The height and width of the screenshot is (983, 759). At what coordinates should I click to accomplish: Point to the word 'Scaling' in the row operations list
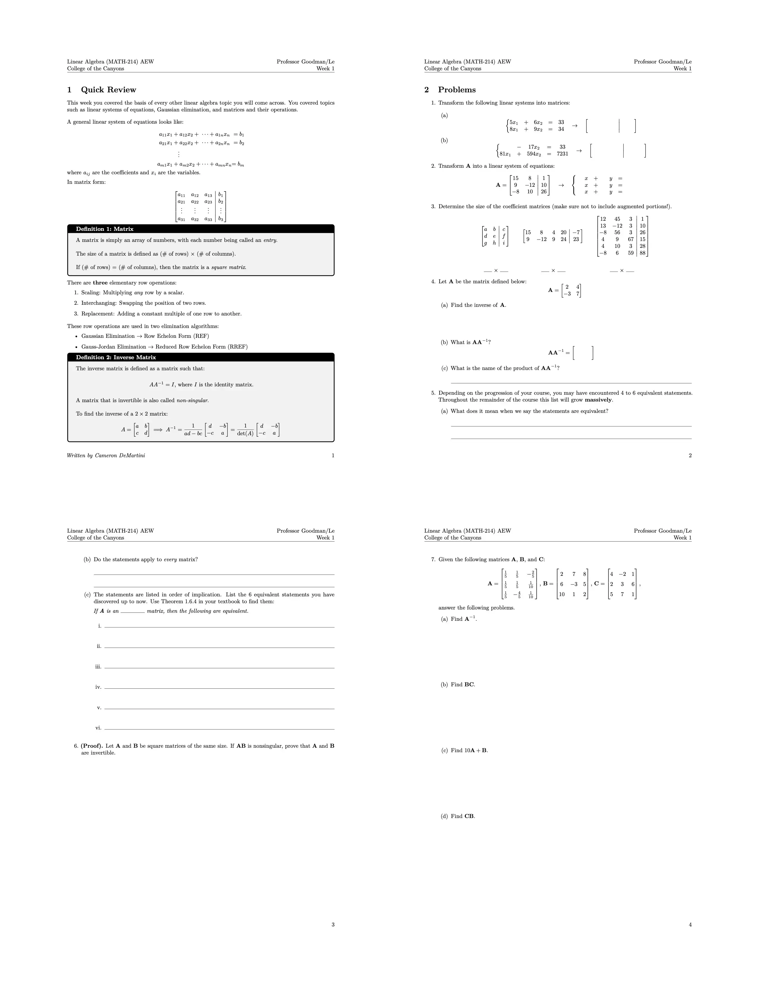click(x=91, y=293)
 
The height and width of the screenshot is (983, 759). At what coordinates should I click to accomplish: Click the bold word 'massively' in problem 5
click(x=598, y=400)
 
